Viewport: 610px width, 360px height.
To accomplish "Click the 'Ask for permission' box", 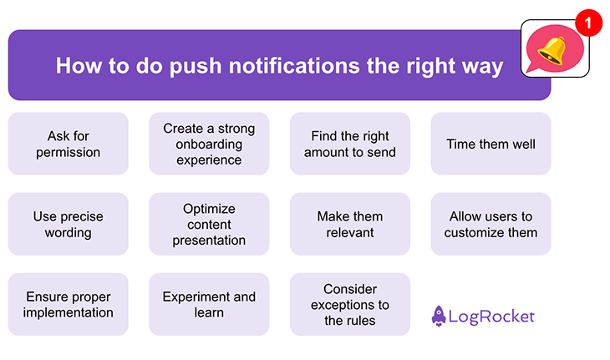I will click(x=69, y=144).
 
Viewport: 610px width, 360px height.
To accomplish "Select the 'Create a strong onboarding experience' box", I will click(x=209, y=144).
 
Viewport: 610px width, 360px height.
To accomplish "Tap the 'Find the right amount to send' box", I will click(x=349, y=144).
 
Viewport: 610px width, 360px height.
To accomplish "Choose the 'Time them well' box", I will click(x=491, y=144).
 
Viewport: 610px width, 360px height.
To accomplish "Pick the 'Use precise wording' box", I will click(x=69, y=224).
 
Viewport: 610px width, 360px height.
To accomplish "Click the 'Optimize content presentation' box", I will click(x=209, y=224).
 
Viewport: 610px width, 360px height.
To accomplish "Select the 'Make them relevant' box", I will click(x=349, y=224).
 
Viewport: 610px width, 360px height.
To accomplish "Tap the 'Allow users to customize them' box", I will click(x=491, y=224).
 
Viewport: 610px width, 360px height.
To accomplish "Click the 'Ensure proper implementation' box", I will click(x=69, y=304).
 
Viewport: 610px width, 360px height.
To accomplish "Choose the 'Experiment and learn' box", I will click(x=209, y=304).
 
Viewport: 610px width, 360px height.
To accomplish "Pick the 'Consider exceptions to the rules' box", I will click(x=349, y=304).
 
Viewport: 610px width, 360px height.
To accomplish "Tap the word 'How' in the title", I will click(x=79, y=66).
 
